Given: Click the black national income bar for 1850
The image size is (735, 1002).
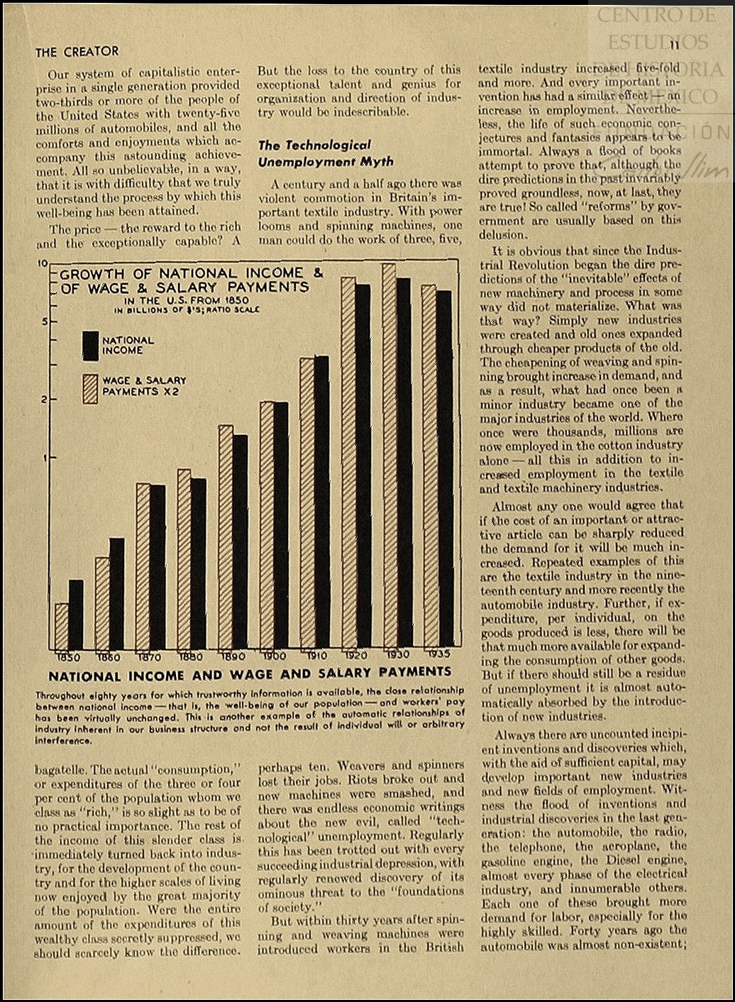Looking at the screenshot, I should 76,615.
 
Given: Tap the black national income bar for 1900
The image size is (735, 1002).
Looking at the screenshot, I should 280,525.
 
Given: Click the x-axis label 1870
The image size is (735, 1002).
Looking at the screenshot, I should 149,656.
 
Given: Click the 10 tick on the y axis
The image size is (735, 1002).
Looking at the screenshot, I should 42,263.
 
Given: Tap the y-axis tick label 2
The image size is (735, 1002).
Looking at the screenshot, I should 43,400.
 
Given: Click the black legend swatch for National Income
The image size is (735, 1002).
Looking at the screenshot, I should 90,346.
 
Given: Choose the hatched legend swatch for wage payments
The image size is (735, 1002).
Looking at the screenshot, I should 90,388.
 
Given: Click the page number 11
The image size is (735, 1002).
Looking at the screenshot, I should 674,45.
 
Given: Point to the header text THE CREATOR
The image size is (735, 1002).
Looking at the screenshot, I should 77,52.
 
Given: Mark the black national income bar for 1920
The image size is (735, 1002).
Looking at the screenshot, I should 362,467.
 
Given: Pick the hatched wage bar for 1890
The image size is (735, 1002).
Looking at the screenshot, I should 226,537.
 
